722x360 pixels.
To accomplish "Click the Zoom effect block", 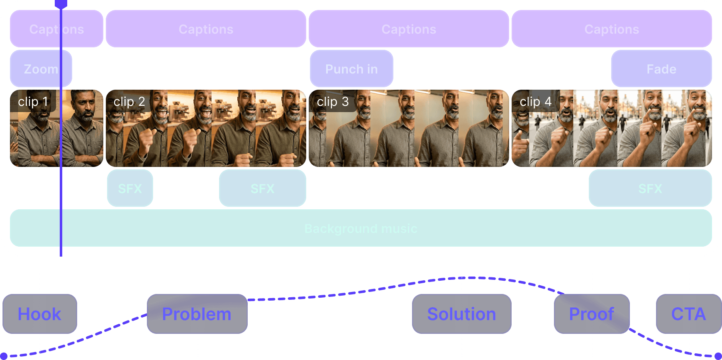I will click(41, 69).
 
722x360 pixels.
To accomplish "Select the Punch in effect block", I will click(351, 69).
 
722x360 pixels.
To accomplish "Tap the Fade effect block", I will click(661, 69).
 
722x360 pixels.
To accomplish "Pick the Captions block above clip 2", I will click(206, 29).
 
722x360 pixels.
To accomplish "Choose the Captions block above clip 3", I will click(409, 29).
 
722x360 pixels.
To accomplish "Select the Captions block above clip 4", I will click(612, 29).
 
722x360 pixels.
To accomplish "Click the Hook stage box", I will click(40, 314).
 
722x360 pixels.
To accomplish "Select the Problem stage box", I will click(197, 314).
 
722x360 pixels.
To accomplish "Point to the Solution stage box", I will click(461, 314).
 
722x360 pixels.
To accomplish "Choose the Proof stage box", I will click(592, 314).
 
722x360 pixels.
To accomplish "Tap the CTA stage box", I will click(688, 314).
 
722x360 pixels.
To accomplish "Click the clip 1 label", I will click(33, 101).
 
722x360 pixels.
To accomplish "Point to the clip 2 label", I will click(129, 101).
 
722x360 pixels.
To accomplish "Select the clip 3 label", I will click(332, 101).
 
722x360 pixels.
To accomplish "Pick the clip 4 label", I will click(535, 101).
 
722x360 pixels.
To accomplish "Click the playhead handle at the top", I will click(61, 3).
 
